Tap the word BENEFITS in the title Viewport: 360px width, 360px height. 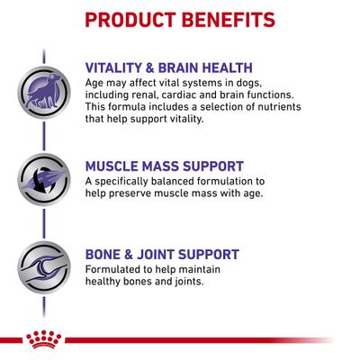pos(221,19)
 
